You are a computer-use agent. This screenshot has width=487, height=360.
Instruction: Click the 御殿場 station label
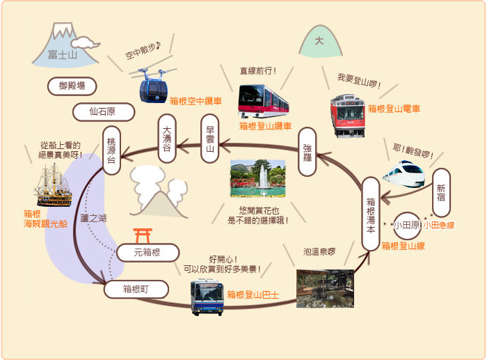[72, 86]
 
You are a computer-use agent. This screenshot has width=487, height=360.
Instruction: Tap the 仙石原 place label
[104, 112]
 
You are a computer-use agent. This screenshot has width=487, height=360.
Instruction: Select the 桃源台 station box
[111, 150]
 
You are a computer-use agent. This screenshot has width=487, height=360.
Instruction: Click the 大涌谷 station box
[167, 139]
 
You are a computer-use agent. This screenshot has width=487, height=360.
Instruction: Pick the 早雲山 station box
[210, 139]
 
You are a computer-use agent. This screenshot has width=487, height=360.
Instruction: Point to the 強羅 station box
[308, 152]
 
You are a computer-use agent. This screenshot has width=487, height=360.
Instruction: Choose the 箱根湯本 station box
[371, 214]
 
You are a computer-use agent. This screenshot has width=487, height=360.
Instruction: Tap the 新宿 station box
[441, 193]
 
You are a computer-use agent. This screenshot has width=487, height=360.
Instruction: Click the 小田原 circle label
[407, 226]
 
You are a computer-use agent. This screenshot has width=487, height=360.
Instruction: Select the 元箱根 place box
[147, 253]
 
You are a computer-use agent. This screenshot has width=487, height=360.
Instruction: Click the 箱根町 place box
[136, 290]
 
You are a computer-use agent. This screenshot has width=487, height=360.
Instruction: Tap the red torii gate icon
[143, 235]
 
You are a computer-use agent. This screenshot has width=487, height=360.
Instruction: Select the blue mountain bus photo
[207, 297]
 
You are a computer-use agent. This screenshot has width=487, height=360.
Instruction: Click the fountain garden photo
[258, 178]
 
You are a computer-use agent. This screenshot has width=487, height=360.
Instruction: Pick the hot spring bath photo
[325, 288]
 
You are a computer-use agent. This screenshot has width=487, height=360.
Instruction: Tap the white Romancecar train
[404, 174]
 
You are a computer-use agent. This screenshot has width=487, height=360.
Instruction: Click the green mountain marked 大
[320, 42]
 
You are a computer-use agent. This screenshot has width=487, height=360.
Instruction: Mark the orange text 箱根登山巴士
[253, 295]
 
